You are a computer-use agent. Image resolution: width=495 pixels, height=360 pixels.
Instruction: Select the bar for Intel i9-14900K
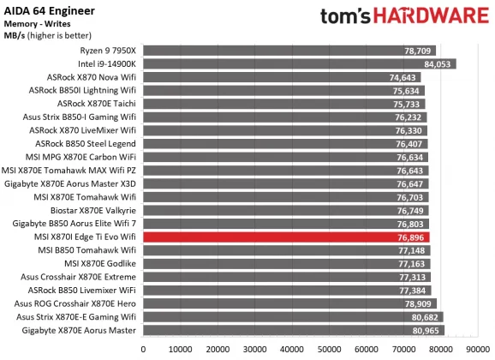(299, 63)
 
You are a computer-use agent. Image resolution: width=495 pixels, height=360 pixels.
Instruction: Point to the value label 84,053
(437, 63)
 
